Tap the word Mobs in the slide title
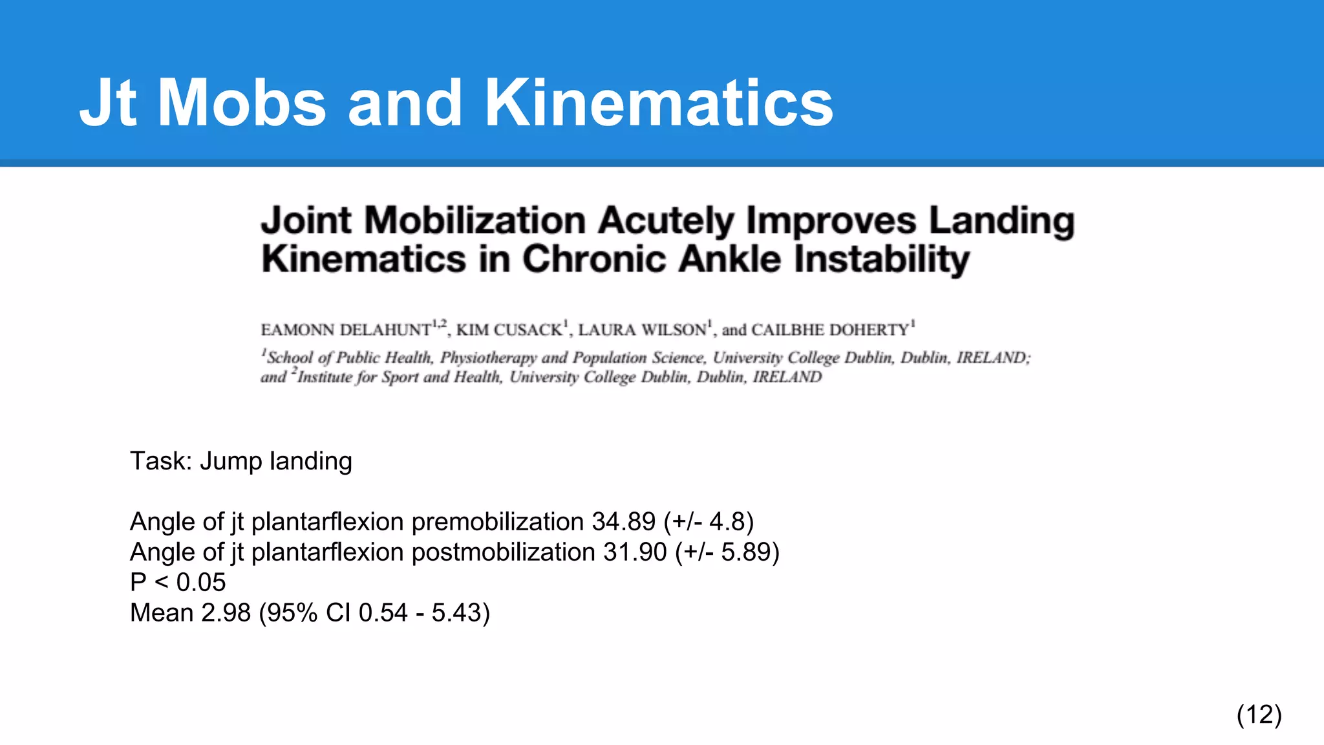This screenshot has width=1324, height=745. tap(242, 103)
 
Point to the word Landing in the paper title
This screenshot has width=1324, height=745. tap(1001, 221)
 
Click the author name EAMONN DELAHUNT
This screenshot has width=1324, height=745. tap(346, 330)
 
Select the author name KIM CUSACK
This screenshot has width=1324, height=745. tap(509, 330)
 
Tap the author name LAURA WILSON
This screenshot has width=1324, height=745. tap(642, 330)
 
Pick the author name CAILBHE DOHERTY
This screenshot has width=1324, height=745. tap(830, 330)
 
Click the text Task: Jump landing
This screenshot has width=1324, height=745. tap(241, 461)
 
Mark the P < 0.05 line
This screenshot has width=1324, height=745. tap(178, 582)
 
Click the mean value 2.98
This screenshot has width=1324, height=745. tap(226, 612)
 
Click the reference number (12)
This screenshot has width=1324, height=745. tap(1259, 715)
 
